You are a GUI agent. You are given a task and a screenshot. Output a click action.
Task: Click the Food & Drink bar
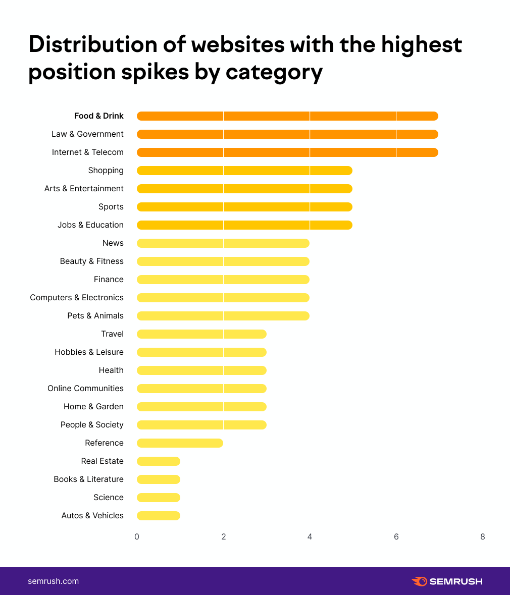tap(287, 116)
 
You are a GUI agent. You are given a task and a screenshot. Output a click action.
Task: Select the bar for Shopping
tap(244, 171)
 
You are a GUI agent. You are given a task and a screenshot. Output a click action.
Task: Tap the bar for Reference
tap(180, 443)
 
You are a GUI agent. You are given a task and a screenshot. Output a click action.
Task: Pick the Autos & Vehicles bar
tap(158, 516)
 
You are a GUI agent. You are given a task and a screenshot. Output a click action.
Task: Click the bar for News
tap(223, 243)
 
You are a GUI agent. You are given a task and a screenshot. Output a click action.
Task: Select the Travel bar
tap(201, 334)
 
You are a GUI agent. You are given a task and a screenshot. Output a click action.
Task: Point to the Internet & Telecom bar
tap(287, 152)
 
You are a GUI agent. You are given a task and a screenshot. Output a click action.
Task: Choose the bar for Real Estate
tap(158, 461)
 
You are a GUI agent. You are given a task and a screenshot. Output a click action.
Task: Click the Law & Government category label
tap(87, 134)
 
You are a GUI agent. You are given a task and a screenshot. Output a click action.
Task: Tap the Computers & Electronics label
tap(77, 298)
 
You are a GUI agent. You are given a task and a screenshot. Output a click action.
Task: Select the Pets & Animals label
tap(95, 316)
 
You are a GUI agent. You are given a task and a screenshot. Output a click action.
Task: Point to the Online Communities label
tap(85, 389)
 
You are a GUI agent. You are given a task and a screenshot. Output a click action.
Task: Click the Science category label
tap(109, 498)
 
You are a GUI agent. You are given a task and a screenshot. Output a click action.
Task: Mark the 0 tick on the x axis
tap(137, 537)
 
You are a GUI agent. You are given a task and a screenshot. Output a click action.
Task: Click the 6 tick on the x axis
tap(396, 537)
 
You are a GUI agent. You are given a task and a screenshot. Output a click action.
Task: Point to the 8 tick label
tap(483, 537)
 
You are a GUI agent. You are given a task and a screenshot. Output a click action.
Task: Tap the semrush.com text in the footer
tap(54, 581)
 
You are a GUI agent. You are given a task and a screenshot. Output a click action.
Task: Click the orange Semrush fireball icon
tap(419, 581)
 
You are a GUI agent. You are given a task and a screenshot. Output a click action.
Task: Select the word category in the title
tap(274, 73)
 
